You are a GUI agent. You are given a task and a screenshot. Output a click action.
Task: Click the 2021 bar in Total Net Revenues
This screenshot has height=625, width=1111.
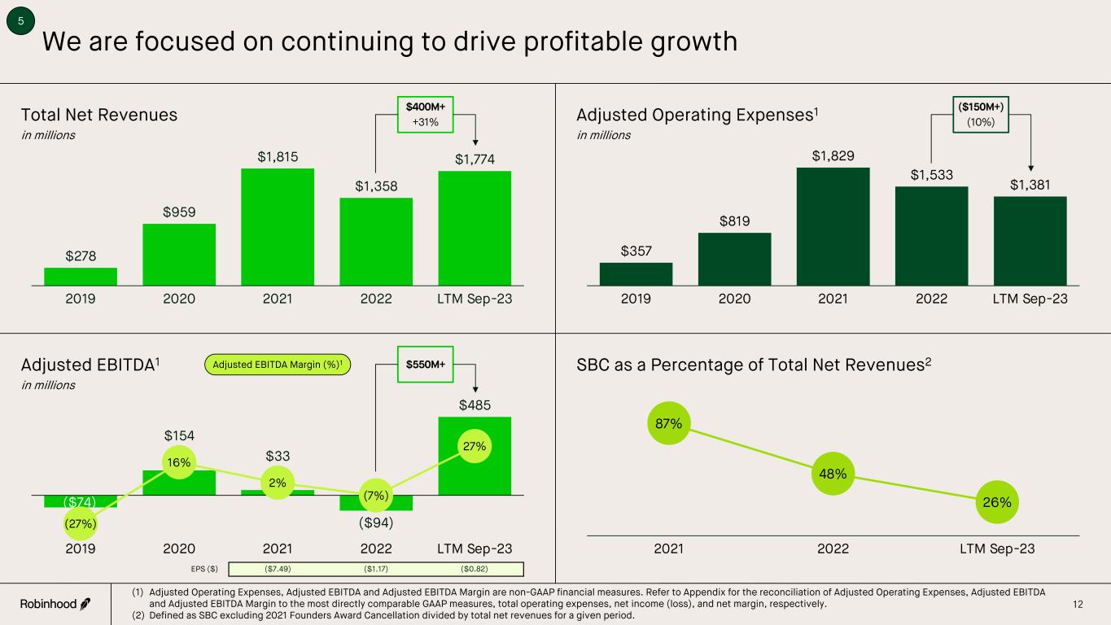click(x=278, y=226)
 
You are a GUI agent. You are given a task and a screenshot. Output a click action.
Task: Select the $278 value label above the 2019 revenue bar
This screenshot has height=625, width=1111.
click(x=81, y=256)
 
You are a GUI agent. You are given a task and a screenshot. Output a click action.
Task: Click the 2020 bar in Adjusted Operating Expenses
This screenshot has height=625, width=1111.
click(x=734, y=259)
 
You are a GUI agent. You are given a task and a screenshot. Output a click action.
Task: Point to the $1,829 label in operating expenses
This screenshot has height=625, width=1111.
click(x=833, y=155)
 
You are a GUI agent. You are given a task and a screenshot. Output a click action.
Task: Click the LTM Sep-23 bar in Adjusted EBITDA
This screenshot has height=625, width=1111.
click(x=475, y=456)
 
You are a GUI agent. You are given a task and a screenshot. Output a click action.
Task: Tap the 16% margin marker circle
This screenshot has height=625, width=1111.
click(x=179, y=462)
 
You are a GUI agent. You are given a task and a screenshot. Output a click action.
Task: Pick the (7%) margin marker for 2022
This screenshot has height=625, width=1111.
click(x=376, y=495)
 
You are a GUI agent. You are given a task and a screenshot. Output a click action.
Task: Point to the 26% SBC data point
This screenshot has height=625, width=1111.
click(x=996, y=502)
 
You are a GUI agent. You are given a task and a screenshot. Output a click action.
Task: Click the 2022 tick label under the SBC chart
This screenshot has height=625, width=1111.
click(x=832, y=549)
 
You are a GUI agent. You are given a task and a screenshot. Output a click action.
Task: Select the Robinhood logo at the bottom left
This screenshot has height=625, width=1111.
click(x=55, y=604)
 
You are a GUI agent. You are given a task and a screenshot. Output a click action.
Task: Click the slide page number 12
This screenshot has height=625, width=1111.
click(x=1078, y=604)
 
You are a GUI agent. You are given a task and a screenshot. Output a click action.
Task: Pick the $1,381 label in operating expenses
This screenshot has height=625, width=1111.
click(x=1030, y=185)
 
